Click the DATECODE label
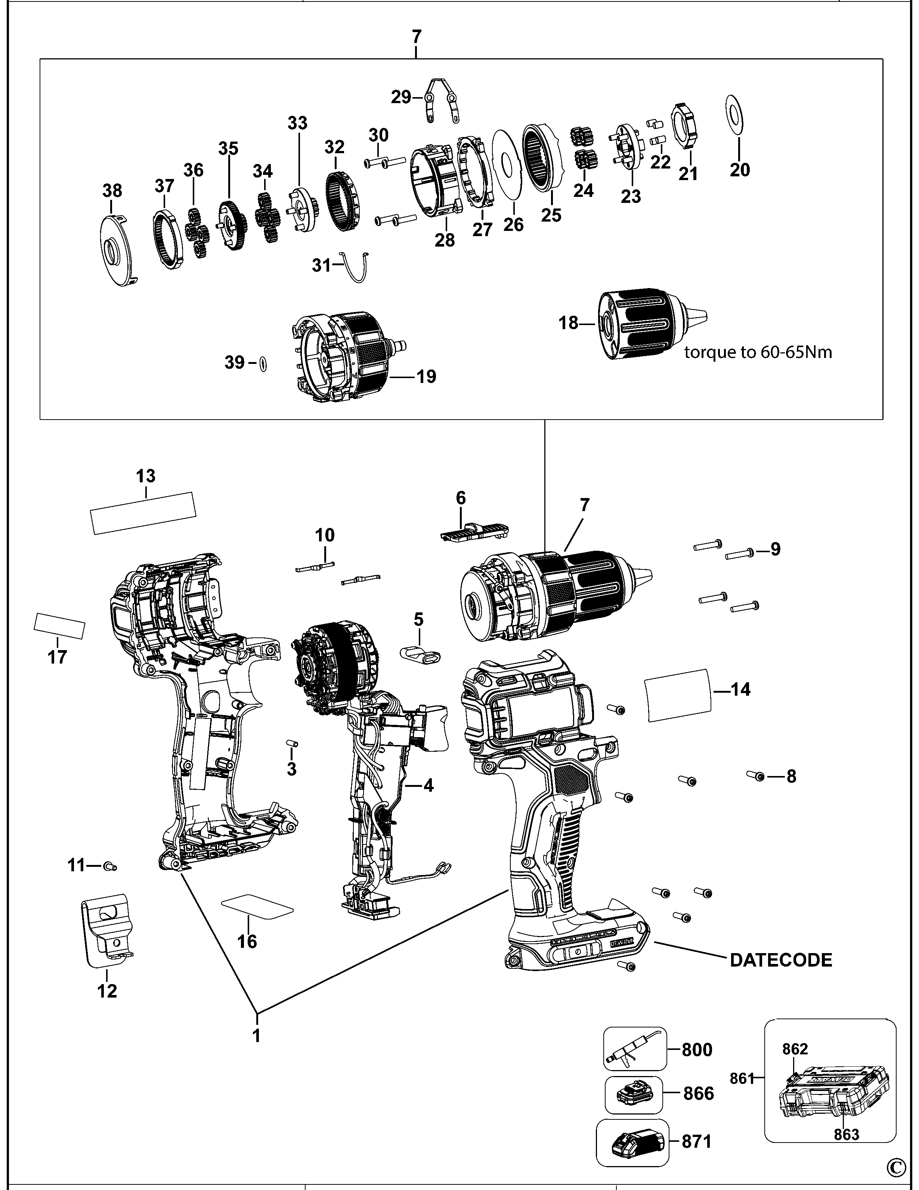coord(781,960)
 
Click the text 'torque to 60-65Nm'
coord(758,353)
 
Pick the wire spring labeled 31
coord(356,267)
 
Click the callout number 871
coord(697,1141)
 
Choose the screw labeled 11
coord(111,865)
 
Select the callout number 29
coord(401,98)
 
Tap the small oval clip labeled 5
coord(421,655)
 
